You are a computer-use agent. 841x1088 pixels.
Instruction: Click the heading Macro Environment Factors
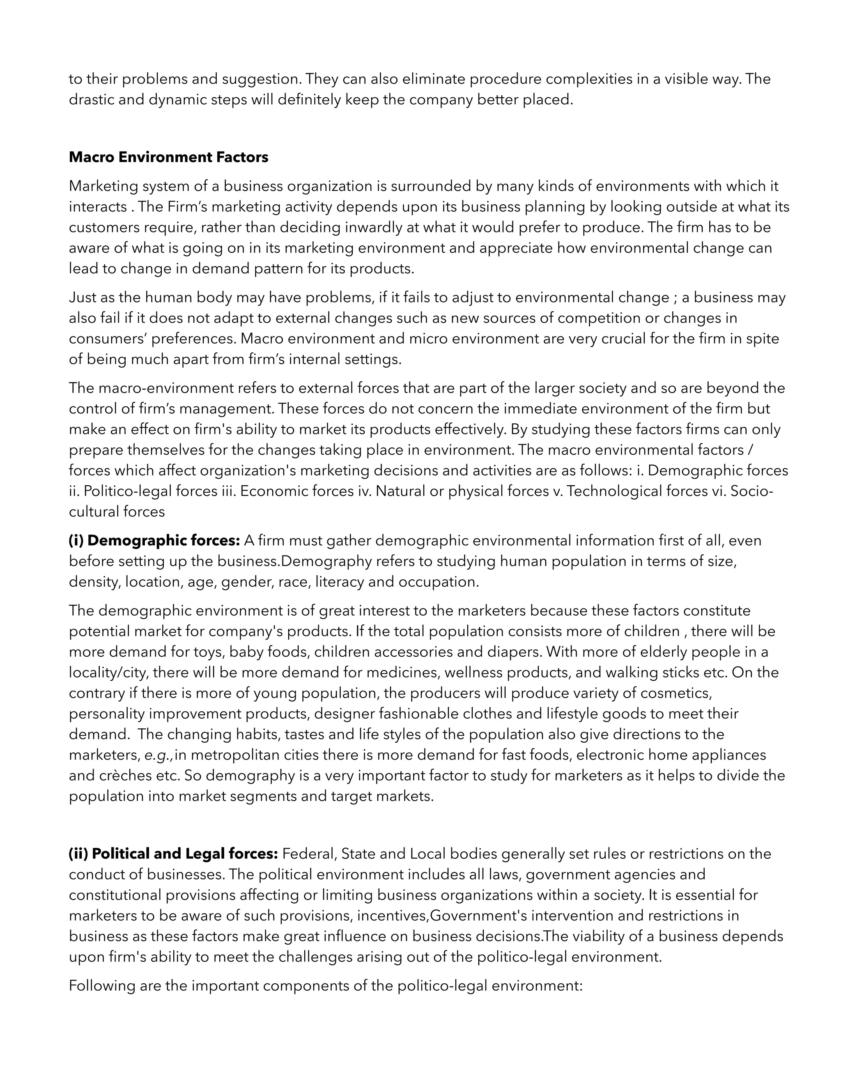point(168,157)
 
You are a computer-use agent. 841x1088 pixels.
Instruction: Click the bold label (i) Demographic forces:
point(154,541)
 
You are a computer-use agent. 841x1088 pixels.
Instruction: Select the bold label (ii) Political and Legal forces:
point(173,854)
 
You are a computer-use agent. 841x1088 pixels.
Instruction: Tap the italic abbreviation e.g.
point(159,755)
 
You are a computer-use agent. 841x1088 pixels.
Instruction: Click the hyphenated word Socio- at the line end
point(753,491)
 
